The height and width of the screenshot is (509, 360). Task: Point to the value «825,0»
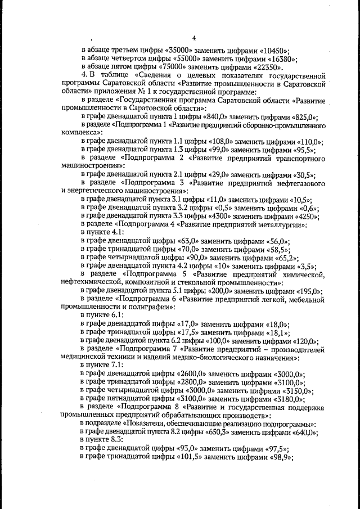click(300, 117)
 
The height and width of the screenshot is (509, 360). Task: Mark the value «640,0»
click(304, 432)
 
